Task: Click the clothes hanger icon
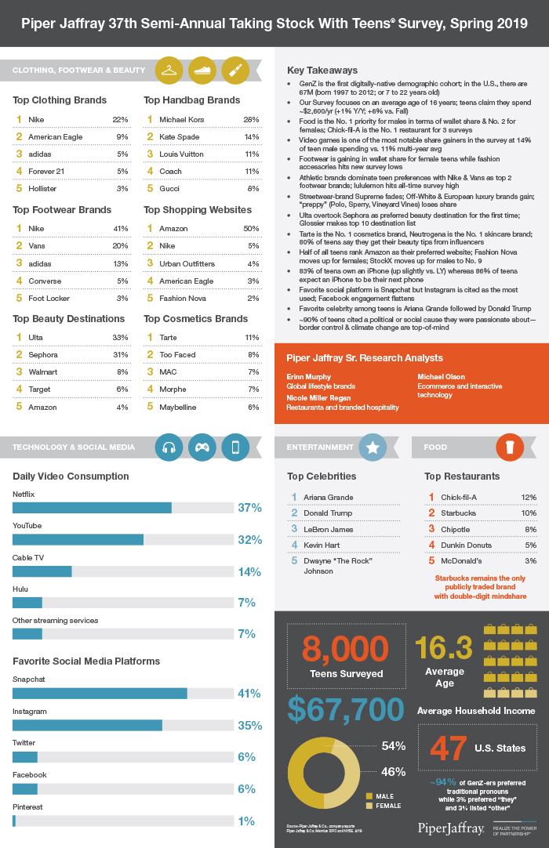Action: pos(169,70)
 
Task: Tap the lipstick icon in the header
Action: pos(235,70)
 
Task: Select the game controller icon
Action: pos(202,447)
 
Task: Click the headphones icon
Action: pos(169,447)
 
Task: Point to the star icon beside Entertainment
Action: pos(373,447)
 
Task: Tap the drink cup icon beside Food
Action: pos(510,447)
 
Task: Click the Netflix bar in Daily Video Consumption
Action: pos(92,508)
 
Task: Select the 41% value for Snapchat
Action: pos(249,694)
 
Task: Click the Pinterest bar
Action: pos(14,821)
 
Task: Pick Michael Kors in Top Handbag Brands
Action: pos(181,119)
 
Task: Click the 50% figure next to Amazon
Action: pos(251,228)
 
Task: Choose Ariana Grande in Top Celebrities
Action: pos(328,497)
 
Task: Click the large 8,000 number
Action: pos(345,650)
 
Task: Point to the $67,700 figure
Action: pos(345,708)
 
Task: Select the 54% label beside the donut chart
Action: pos(393,745)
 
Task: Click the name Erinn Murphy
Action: pos(309,376)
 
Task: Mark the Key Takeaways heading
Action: pos(323,71)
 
